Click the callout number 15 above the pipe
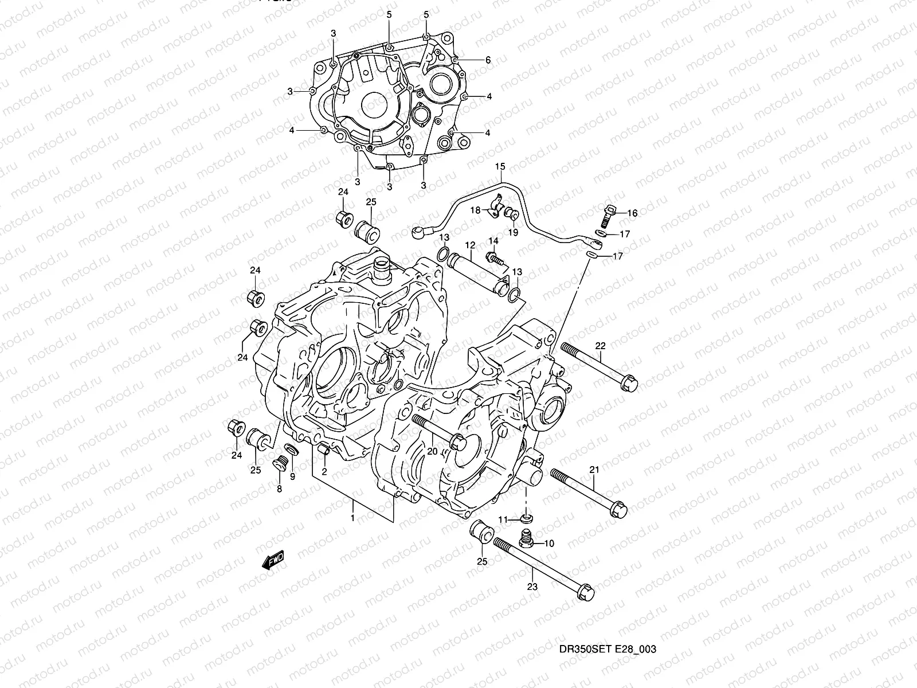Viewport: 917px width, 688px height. [500, 167]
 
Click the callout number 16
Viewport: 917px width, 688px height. [632, 213]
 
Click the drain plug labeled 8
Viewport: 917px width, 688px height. [281, 462]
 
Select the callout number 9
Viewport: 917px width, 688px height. [292, 476]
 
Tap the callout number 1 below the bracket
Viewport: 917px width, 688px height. [352, 518]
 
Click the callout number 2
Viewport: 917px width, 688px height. [324, 472]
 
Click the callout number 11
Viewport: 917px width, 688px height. [503, 519]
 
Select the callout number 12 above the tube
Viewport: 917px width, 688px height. [470, 245]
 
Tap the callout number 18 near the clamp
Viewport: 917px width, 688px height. [475, 210]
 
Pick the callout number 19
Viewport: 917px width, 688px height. [514, 232]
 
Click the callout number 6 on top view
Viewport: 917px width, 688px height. [488, 60]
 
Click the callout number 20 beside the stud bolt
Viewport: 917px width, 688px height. [432, 451]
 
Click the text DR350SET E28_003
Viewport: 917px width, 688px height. [608, 650]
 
